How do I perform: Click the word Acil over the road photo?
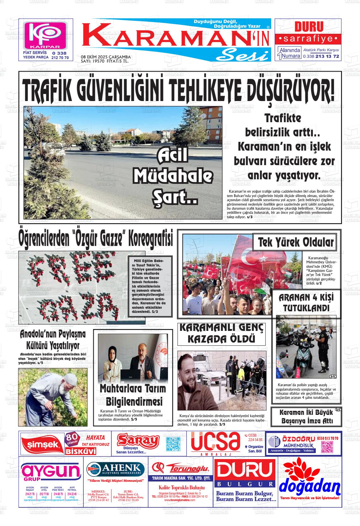pyautogui.click(x=173, y=155)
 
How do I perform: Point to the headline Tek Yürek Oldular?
pyautogui.click(x=296, y=242)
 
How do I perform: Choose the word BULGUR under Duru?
pyautogui.click(x=245, y=484)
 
